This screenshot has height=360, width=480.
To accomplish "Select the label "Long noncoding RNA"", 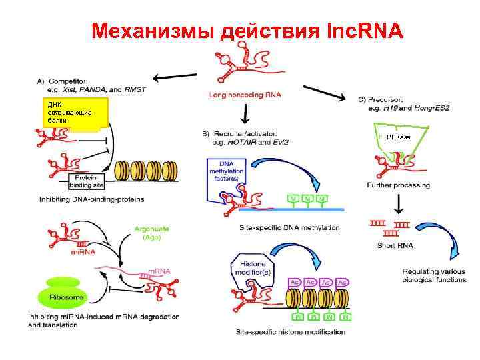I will [x=245, y=95].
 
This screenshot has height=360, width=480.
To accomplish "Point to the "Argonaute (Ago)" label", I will [x=151, y=232].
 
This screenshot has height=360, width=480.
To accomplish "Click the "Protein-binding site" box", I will [x=85, y=181].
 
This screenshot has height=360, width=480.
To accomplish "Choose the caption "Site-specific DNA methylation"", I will [x=289, y=227].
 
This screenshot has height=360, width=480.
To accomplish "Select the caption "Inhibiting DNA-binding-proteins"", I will [x=91, y=199].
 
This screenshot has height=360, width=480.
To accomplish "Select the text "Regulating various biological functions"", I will [x=431, y=275].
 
